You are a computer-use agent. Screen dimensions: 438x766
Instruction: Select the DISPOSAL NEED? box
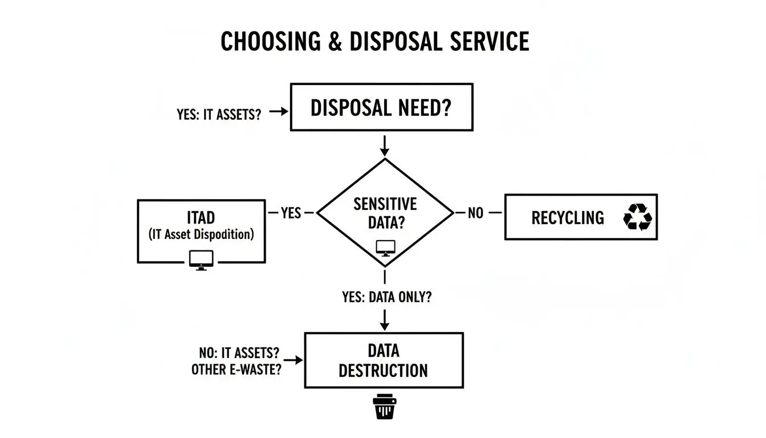click(x=381, y=108)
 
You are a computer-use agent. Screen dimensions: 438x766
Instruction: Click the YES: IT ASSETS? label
click(x=219, y=113)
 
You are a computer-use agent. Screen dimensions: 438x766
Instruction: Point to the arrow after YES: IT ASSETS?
click(x=278, y=112)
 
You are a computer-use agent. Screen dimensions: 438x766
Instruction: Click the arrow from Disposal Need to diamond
click(x=385, y=145)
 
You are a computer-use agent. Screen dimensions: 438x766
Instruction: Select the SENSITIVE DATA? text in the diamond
click(x=385, y=213)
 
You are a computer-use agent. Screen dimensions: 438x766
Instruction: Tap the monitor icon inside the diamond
click(x=385, y=248)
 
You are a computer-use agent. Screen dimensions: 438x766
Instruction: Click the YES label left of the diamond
click(x=291, y=213)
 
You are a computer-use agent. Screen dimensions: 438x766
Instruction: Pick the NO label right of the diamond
click(x=475, y=213)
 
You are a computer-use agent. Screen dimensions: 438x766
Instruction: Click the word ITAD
click(x=201, y=218)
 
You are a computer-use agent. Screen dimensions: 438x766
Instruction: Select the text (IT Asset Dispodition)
click(x=201, y=234)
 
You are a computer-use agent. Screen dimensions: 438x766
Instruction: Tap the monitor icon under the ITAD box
click(x=201, y=259)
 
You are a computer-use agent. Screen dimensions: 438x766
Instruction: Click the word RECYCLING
click(x=567, y=217)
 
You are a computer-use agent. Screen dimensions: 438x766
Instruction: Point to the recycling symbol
click(x=637, y=217)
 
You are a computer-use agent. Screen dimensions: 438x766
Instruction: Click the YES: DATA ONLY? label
click(x=384, y=297)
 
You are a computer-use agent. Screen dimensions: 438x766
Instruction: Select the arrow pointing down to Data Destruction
click(x=385, y=319)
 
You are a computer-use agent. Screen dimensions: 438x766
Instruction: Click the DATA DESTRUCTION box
click(x=384, y=360)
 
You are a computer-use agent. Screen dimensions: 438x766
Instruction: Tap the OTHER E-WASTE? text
click(x=236, y=369)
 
